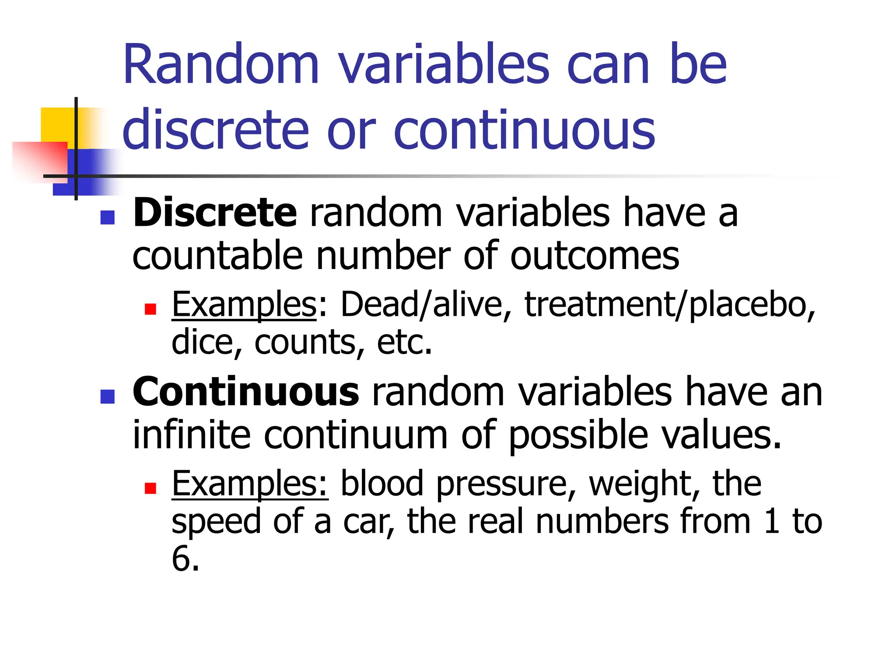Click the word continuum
(x=356, y=435)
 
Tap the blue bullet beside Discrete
(x=108, y=217)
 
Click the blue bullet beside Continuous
(x=108, y=396)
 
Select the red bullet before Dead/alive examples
(x=150, y=309)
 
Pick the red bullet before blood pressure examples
(x=150, y=488)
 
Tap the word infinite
(x=191, y=435)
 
